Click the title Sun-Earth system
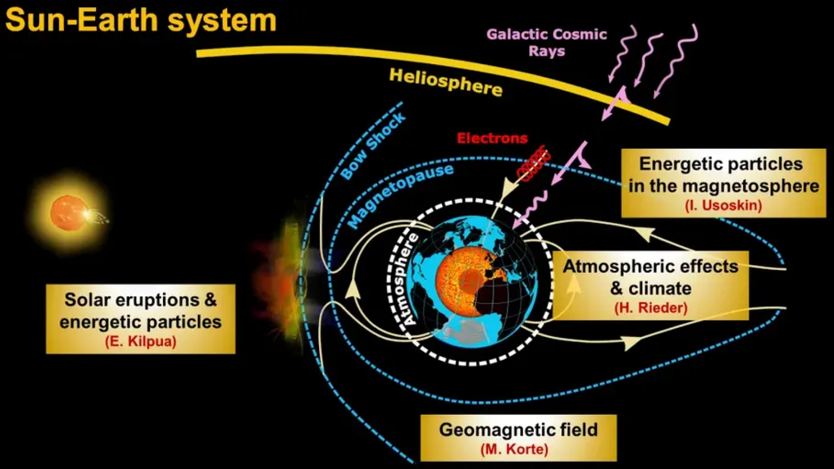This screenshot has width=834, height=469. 141,20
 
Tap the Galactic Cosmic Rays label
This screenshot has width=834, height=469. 546,42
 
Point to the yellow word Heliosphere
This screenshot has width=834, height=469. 445,82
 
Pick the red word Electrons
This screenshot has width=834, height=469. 492,138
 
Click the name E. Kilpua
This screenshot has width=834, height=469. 141,341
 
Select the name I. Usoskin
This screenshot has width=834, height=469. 723,205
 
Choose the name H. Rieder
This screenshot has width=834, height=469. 651,308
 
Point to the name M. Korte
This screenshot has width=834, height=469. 514,449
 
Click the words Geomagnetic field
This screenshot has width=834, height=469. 518,430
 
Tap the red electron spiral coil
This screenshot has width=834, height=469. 534,163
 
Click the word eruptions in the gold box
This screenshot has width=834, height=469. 157,300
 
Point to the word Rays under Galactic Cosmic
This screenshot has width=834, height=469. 547,51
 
